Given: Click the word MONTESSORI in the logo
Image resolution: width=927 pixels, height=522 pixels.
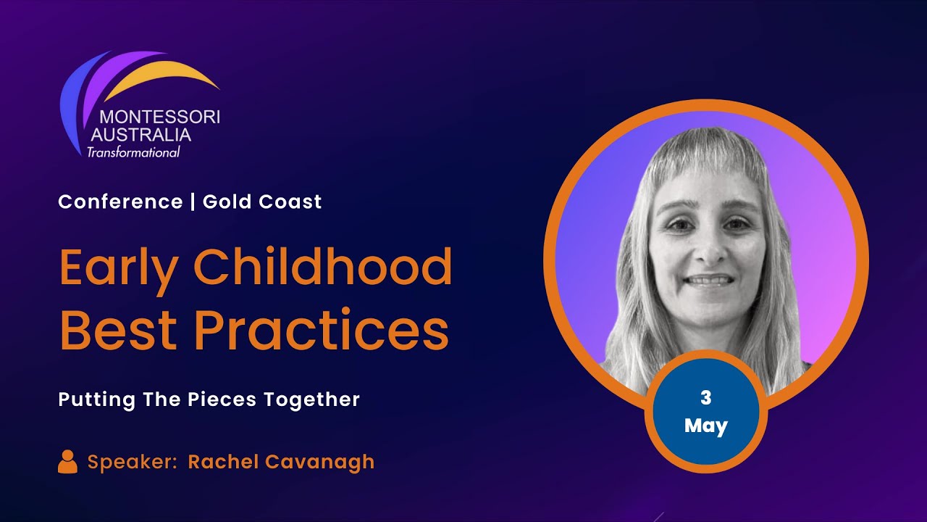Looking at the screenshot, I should pos(159,117).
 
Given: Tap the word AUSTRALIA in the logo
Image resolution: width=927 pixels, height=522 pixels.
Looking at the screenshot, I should pos(141,135).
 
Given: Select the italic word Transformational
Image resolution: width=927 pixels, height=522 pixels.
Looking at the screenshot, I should pos(133,152).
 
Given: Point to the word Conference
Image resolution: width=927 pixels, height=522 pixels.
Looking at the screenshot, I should pos(120,202).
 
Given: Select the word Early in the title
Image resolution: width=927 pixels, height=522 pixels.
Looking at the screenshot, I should pos(118,268).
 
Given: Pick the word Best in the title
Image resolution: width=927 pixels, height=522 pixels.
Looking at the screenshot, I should pos(118,331).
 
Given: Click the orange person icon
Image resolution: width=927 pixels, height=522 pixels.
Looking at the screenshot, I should pos(67,462).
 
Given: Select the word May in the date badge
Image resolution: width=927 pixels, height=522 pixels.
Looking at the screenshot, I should pos(706,425).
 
